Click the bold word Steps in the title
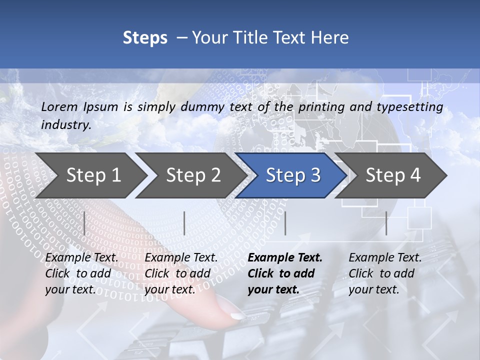pos(145,38)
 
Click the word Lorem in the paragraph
pos(59,106)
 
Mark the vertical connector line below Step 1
pos(84,223)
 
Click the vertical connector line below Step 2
pos(184,223)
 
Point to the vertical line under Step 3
pos(285,223)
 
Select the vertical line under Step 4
pos(386,223)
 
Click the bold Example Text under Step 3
pos(285,258)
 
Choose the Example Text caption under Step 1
pos(82,258)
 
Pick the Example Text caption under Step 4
pos(385,258)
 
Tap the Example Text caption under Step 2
pos(181,258)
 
